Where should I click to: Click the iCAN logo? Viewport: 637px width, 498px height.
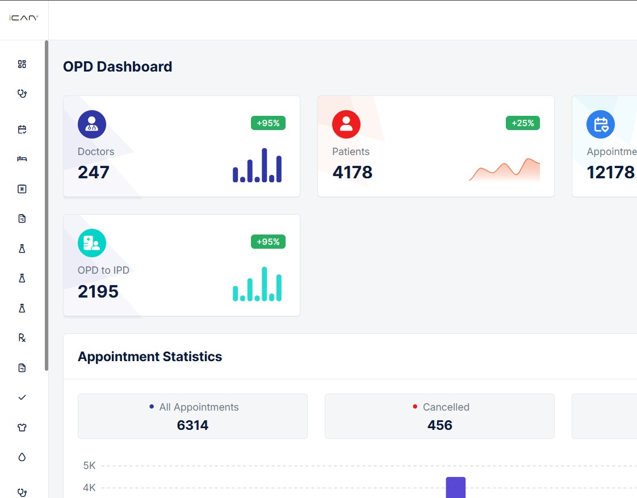pos(23,18)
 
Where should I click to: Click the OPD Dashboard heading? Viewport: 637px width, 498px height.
pos(118,66)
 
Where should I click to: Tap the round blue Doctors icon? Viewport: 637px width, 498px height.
pos(92,124)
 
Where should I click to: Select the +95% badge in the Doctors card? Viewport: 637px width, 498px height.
pos(268,123)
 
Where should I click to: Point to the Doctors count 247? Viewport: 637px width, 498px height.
pos(94,172)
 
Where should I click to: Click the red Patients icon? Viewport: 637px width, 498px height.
pos(346,124)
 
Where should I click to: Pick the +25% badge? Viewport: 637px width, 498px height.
pos(522,123)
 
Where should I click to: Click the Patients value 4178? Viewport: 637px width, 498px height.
pos(353,172)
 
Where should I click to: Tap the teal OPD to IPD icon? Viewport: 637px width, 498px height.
pos(92,243)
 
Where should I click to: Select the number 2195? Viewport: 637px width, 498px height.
pos(98,291)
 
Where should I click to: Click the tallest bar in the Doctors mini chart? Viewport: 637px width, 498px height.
pos(265,165)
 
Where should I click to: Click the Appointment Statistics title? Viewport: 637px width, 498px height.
pos(150,357)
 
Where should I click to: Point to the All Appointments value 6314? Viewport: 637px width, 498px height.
pos(192,425)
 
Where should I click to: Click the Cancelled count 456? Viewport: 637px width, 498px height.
pos(439,425)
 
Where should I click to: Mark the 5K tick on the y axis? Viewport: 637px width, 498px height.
pos(90,466)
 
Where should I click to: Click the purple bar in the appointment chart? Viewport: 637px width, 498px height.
pos(455,487)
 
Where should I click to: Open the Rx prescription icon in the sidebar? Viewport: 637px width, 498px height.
pos(22,338)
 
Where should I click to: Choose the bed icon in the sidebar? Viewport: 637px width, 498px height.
pos(22,159)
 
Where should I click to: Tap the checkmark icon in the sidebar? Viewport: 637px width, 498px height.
pos(22,397)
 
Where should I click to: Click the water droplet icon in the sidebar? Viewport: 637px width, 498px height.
pos(22,457)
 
